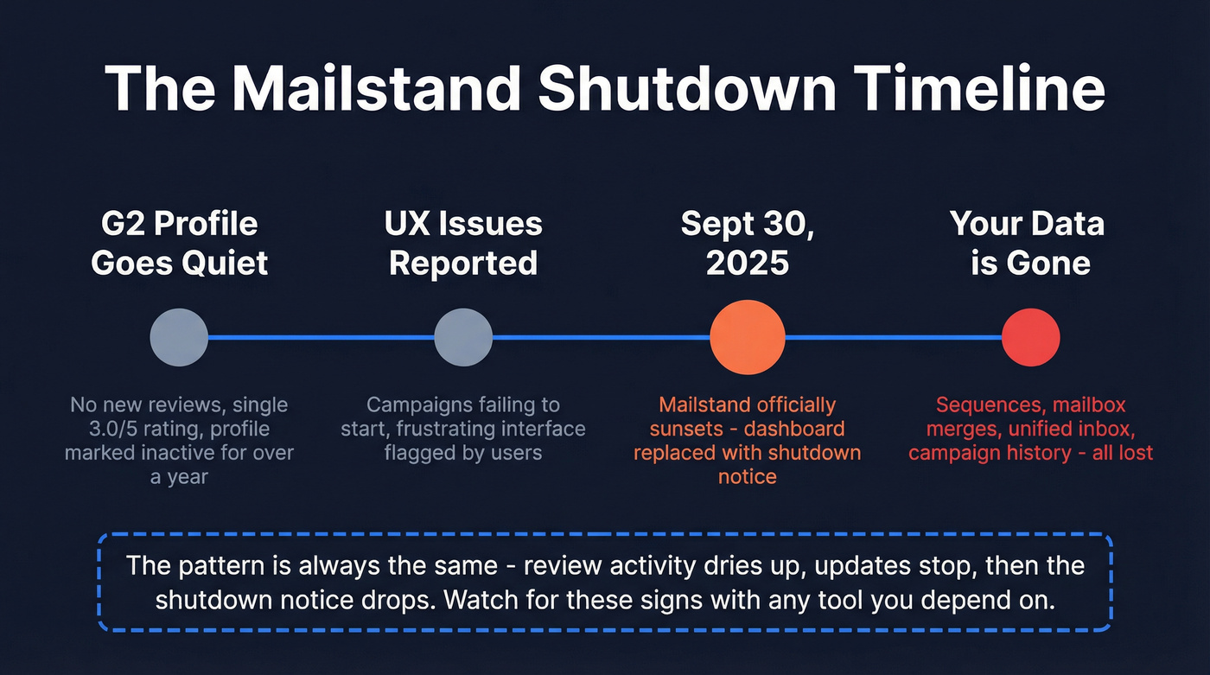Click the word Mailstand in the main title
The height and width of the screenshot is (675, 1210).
[x=376, y=89]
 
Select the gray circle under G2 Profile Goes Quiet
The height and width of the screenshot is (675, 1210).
[x=179, y=337]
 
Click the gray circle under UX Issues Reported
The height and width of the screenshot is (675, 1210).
[x=463, y=337]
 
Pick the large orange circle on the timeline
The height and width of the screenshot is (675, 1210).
[x=748, y=337]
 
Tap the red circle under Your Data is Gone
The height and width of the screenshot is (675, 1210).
[x=1030, y=337]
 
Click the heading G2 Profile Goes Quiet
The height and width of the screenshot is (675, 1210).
[x=179, y=243]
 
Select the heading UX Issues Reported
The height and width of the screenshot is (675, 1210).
[x=463, y=243]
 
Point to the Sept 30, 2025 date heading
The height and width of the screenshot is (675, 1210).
[x=748, y=243]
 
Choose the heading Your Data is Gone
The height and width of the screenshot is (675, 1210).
[x=1028, y=243]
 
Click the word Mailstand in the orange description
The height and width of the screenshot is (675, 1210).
[x=700, y=404]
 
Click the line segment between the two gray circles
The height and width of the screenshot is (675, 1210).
[x=321, y=337]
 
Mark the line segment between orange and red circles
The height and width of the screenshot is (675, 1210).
[x=893, y=337]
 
